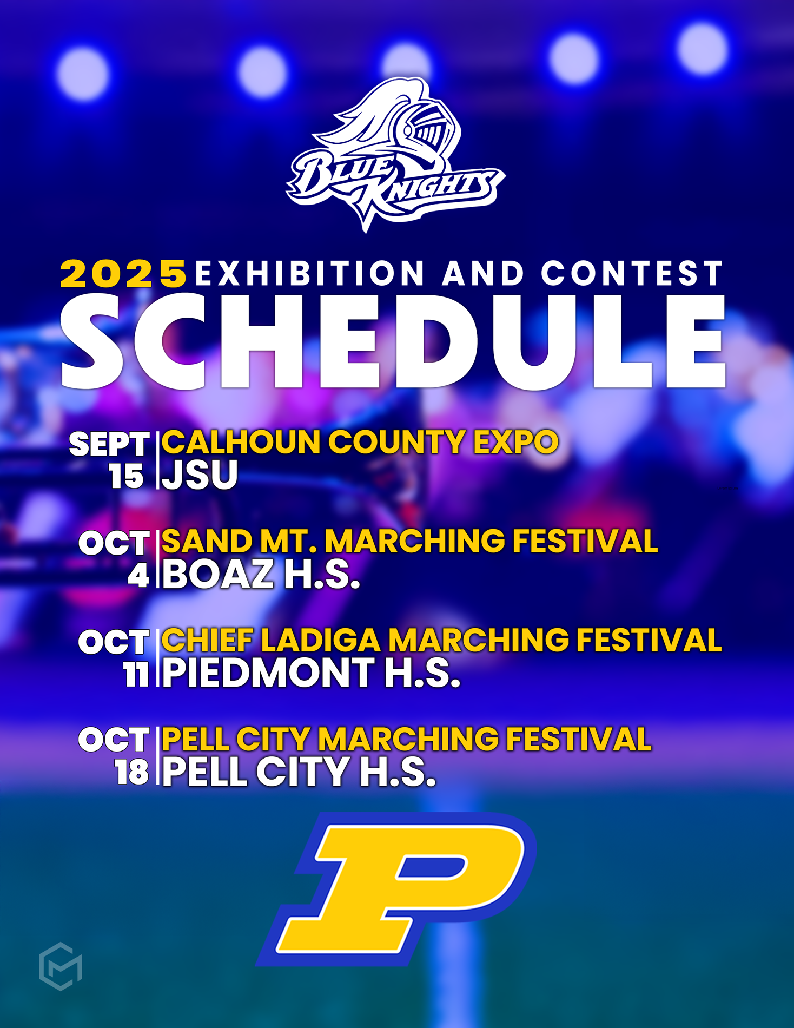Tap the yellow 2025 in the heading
click(x=123, y=273)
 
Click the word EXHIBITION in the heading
click(x=310, y=273)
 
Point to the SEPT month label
click(x=109, y=445)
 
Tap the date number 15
click(x=126, y=477)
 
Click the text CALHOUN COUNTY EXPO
click(x=360, y=441)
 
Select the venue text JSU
click(x=200, y=475)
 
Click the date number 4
click(x=138, y=576)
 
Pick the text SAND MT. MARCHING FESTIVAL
click(x=409, y=541)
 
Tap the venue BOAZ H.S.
click(x=261, y=574)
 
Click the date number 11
click(x=136, y=675)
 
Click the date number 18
click(x=132, y=773)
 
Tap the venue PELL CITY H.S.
click(x=299, y=772)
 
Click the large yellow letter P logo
click(x=396, y=889)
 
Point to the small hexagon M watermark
click(x=61, y=966)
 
